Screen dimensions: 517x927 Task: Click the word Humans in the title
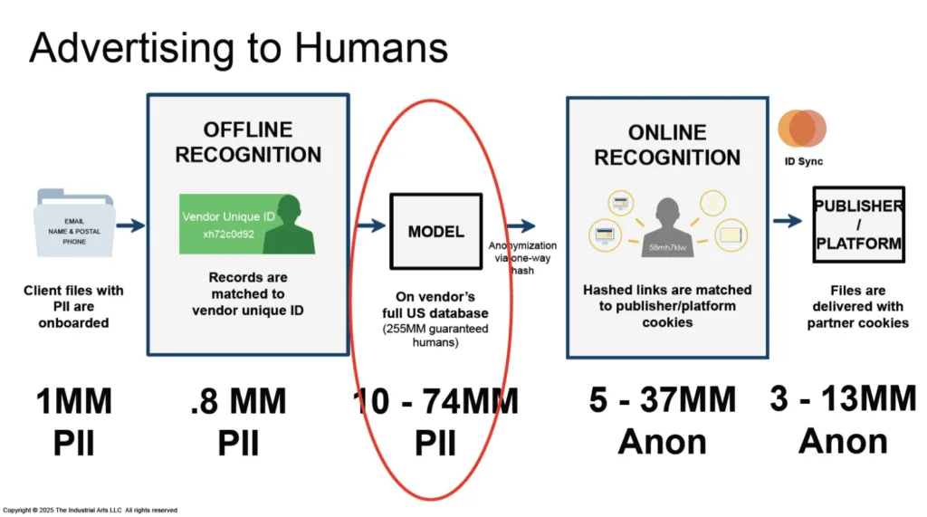point(361,48)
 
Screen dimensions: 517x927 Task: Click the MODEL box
point(435,231)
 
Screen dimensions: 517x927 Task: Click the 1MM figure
point(75,402)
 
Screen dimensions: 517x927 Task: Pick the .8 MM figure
point(240,401)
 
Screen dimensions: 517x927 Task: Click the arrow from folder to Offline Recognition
point(130,225)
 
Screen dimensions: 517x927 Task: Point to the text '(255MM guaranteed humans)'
point(435,338)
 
